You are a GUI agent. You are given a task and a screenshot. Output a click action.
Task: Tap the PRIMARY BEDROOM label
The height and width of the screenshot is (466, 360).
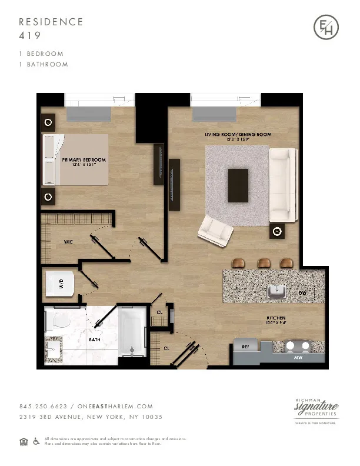84,160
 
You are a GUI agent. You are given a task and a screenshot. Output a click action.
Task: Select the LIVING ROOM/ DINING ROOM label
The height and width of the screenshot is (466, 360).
238,135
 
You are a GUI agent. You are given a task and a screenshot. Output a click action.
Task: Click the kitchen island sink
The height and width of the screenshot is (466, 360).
276,291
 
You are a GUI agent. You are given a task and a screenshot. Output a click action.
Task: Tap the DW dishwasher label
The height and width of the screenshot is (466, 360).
302,292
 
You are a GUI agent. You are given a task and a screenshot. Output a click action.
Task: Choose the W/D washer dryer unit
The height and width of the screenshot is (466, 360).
60,284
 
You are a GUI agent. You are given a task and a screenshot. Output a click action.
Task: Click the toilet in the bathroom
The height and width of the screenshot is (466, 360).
61,321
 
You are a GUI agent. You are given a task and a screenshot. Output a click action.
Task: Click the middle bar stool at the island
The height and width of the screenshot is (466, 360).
262,262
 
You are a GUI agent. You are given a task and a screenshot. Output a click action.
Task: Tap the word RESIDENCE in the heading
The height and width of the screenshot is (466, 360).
51,22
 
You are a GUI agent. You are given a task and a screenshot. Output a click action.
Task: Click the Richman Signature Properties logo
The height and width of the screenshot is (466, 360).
316,410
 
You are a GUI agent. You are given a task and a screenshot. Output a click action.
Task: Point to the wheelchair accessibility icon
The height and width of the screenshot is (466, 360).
36,441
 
